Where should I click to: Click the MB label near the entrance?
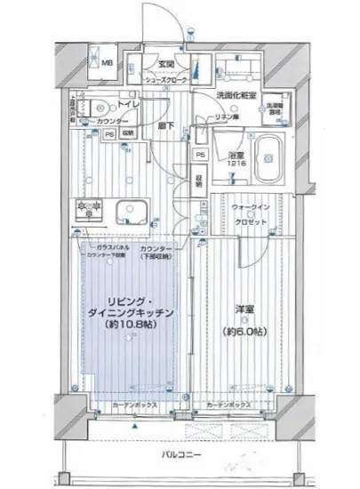tap(106, 64)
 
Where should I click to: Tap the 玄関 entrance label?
tap(165, 63)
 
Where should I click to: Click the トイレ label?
tap(131, 104)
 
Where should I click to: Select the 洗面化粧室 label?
tap(236, 95)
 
